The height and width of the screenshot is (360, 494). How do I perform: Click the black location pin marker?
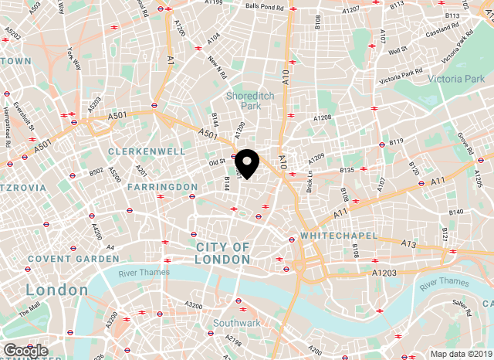coord(247,163)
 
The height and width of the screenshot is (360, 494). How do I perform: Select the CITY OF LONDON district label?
coord(222,253)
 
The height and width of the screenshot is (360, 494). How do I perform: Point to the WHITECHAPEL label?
coord(339,235)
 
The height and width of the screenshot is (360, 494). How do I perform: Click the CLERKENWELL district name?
coord(147,151)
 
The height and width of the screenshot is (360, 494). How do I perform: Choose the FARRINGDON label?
coord(162,187)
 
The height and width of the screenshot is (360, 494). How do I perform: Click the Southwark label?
coord(236,323)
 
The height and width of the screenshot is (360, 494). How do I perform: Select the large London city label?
coord(56,290)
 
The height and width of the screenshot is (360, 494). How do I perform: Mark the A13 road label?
coord(408,243)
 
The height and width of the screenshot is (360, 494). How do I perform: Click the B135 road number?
coord(347,170)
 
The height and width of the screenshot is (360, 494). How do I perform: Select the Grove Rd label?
coord(465,141)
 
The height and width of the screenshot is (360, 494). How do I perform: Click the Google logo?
coord(25,351)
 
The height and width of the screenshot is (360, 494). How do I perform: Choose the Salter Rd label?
coord(462,307)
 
